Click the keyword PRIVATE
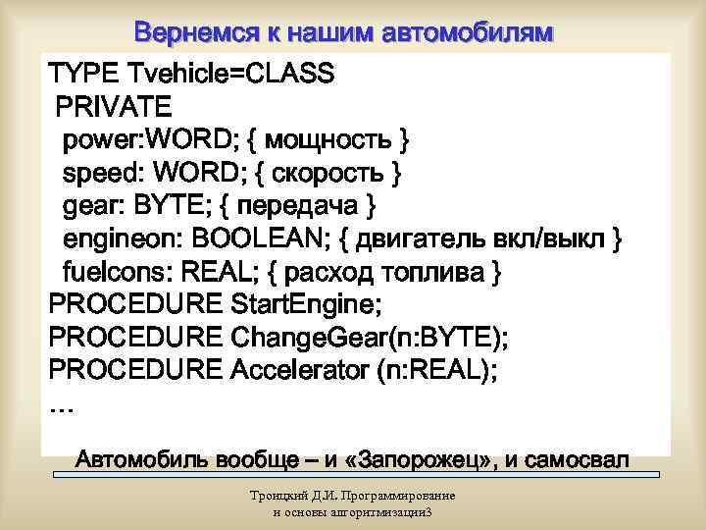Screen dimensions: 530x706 (114, 105)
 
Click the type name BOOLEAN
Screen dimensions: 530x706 (264, 239)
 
